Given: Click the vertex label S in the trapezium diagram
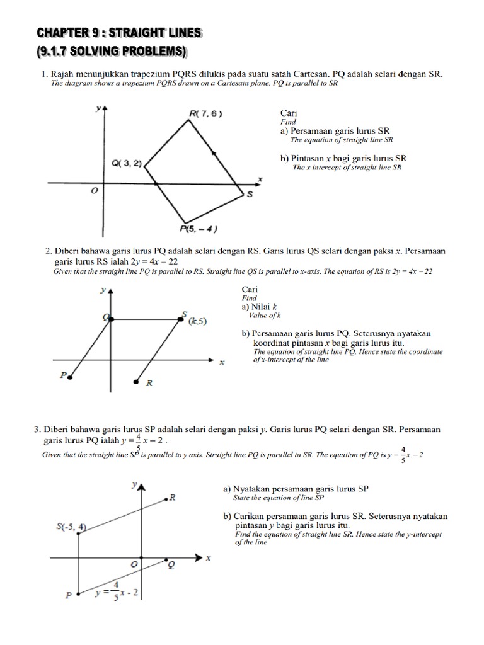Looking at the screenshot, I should coord(250,195).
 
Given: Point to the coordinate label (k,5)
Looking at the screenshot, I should coord(198,321).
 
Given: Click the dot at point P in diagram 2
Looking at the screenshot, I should coord(69,377).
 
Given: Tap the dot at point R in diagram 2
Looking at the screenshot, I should coord(137,381).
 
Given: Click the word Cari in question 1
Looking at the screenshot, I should coord(289,113).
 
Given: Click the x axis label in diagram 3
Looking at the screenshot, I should coord(208,557).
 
